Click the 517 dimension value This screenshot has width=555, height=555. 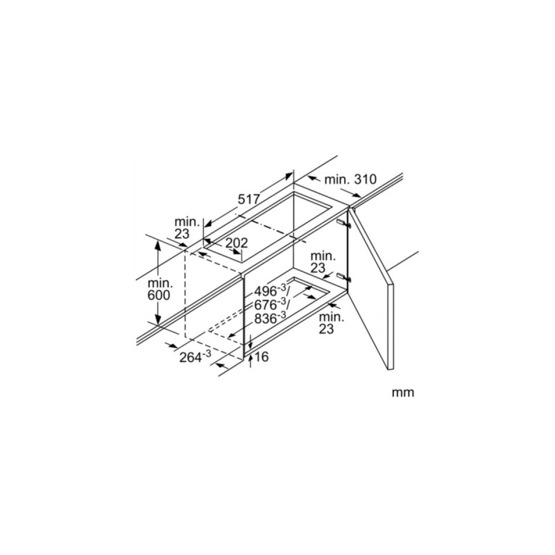coord(249,199)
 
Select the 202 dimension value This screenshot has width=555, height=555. coord(237,244)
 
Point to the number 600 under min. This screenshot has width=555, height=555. coord(158,295)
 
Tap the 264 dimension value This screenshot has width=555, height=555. coord(191,357)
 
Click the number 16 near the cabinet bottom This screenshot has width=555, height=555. coord(262,357)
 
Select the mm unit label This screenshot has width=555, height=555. coord(402,393)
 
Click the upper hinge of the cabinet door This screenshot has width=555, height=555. coord(343,223)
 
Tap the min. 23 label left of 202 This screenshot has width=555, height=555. coord(186,228)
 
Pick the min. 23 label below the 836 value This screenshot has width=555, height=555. coord(332,323)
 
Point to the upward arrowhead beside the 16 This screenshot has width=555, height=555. coord(250,356)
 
